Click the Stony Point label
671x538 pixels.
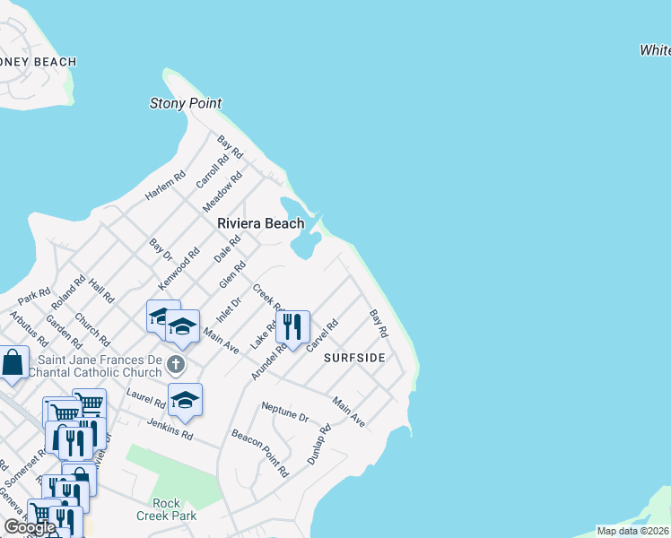[185, 103]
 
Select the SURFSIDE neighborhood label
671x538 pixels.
[354, 357]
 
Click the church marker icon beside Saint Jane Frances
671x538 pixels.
[177, 364]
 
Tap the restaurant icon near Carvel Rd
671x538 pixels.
[292, 327]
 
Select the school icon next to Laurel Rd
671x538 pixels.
[185, 400]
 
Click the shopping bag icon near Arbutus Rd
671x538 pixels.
[13, 363]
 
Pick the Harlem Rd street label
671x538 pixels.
[166, 186]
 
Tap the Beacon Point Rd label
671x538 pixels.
[260, 451]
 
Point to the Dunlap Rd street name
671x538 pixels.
[319, 444]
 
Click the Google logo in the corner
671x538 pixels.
[30, 527]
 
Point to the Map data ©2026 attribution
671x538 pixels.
[632, 531]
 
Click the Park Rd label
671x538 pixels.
[34, 294]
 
